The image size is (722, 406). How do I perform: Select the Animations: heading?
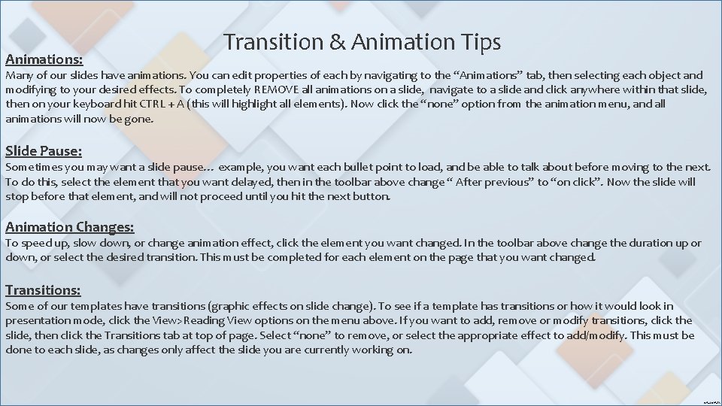pos(44,57)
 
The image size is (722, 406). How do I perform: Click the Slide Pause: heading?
pos(43,150)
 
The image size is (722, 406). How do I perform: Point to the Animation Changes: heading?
pos(70,226)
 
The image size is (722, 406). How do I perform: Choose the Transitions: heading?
pos(43,289)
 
